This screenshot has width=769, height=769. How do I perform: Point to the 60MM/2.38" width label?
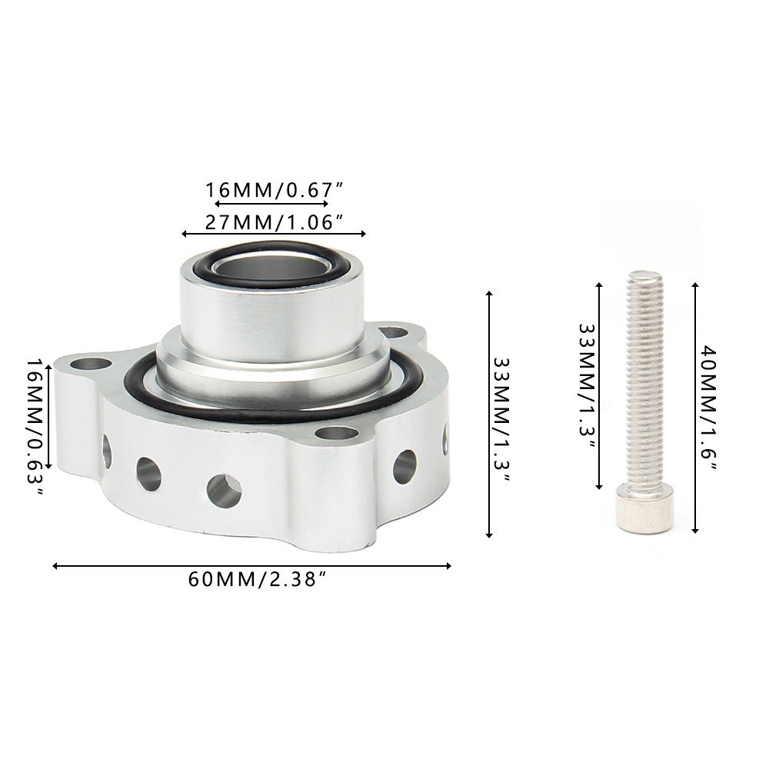[252, 581]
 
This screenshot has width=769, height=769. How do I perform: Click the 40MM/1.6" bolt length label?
[708, 408]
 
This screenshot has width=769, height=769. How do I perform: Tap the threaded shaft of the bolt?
[644, 384]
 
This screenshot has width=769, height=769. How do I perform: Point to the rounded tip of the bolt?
[644, 275]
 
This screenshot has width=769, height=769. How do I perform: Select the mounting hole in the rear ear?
[393, 333]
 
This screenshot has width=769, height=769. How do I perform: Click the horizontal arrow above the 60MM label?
[251, 566]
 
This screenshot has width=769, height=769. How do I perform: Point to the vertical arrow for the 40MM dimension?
[695, 408]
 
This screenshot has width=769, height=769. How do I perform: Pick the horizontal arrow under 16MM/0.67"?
[271, 204]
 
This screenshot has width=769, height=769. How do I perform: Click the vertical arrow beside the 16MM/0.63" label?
[50, 416]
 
